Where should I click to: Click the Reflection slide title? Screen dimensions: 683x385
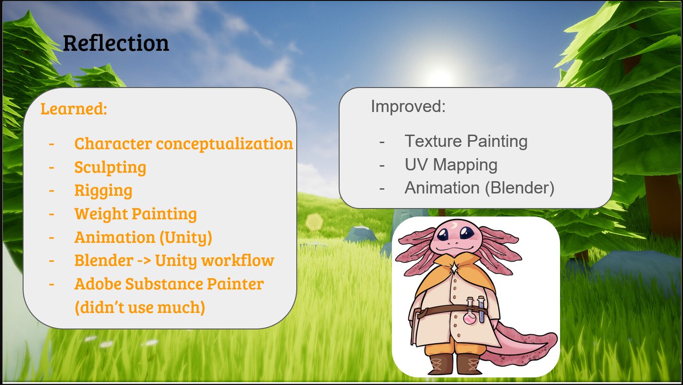116,43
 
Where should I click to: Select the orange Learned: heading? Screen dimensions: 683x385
74,109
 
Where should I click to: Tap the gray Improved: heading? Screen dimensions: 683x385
408,106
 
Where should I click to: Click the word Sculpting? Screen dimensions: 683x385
110,167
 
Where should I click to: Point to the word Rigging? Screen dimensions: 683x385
103,191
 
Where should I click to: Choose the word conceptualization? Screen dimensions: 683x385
224,144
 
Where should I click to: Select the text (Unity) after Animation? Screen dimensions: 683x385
186,238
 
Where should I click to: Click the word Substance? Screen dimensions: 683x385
164,284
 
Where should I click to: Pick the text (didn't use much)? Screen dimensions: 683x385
140,307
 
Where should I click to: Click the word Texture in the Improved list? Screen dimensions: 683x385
434,141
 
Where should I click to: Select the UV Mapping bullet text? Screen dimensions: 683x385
451,165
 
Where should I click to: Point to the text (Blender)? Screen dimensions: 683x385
519,188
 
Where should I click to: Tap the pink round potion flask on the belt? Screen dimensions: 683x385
470,318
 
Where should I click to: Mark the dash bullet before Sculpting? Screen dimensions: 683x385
52,167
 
